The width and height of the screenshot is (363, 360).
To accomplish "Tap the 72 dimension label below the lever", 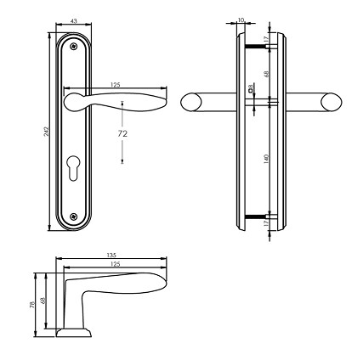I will coord(123,133).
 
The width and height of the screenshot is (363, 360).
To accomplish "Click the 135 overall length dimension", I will coord(112,255).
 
